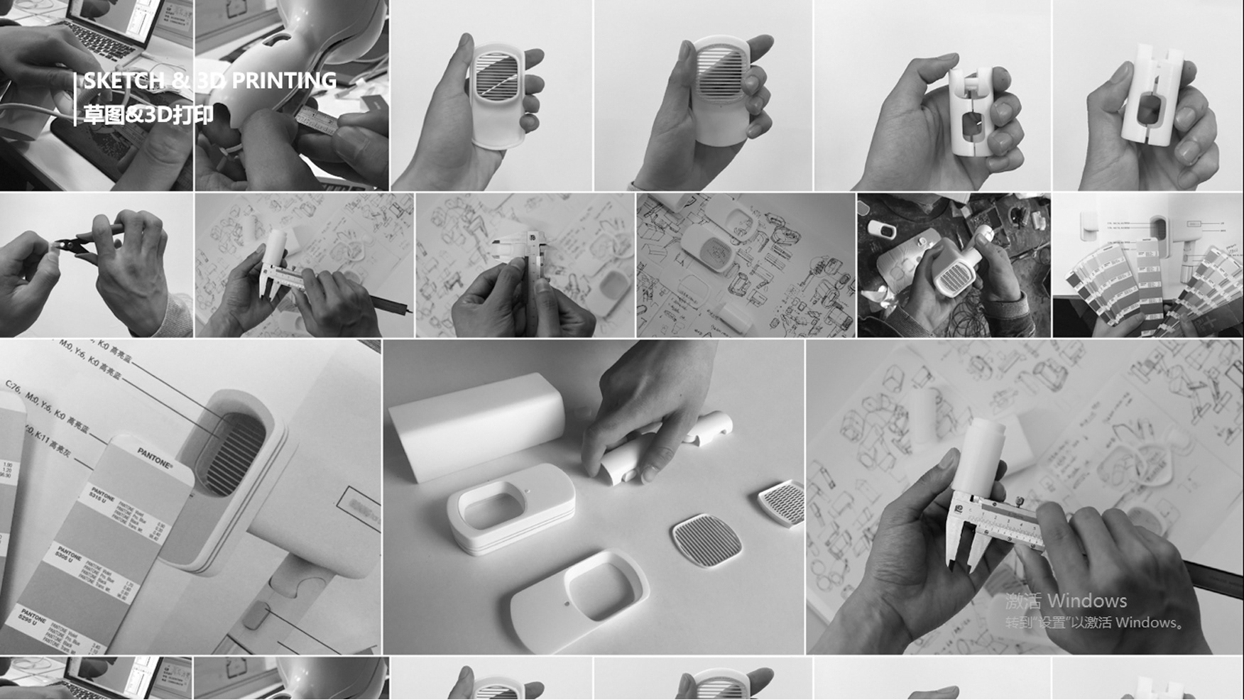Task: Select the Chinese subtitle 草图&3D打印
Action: point(148,114)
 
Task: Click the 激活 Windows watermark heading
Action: point(1066,601)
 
